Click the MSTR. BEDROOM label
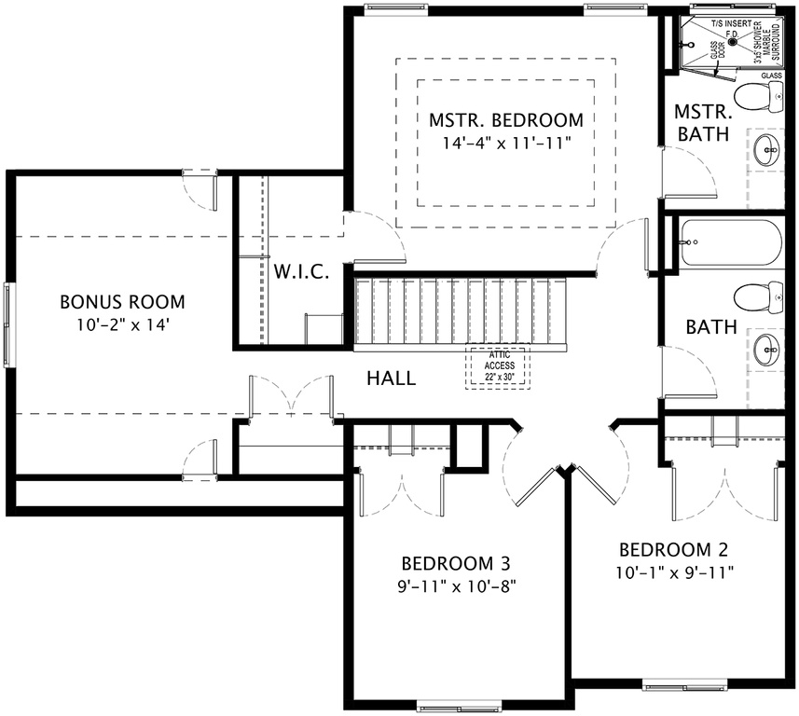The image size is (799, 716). click(x=505, y=120)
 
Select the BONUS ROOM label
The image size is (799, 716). click(x=122, y=302)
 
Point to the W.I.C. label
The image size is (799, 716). click(x=301, y=272)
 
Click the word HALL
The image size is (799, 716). click(x=391, y=379)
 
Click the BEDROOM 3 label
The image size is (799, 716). click(x=455, y=564)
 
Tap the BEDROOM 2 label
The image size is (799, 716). click(x=673, y=548)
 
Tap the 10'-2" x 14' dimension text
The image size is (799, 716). click(x=122, y=325)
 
